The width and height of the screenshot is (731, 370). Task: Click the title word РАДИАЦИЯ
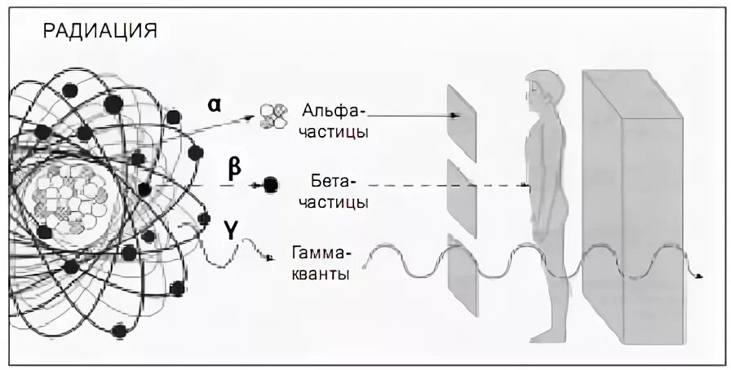100,32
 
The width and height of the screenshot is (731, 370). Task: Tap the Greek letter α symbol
214,105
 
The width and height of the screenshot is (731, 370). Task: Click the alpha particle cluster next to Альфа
272,117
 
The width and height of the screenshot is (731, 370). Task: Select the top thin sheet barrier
462,122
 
